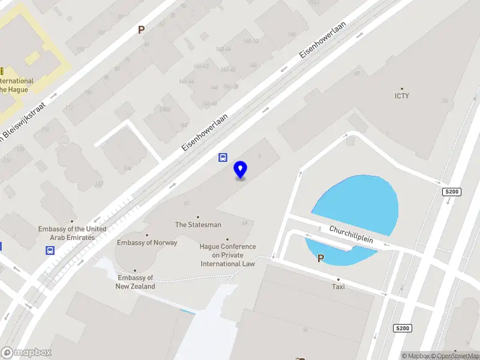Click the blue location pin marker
241,170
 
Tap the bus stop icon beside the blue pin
222,158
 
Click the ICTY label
401,96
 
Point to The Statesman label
198,225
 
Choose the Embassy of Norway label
147,243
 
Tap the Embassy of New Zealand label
135,282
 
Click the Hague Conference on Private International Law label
227,255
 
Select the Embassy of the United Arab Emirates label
72,233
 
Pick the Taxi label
338,287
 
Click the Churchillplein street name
351,235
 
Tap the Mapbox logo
26,353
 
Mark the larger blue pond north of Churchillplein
360,201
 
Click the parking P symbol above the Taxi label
320,259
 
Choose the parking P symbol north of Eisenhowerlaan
142,29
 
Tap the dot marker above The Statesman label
198,217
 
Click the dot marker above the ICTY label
402,88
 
